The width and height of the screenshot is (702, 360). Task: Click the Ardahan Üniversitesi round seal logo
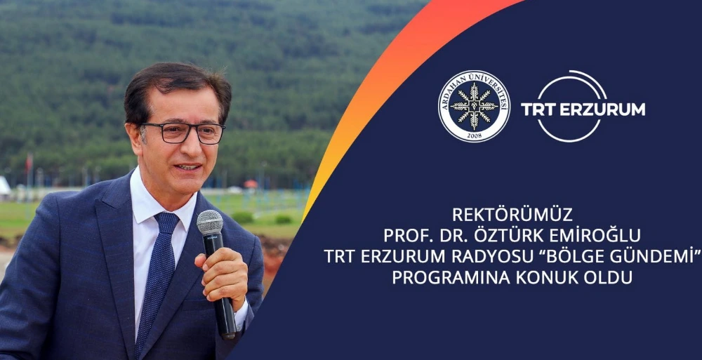(474, 106)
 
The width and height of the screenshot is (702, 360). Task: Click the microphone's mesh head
(209, 224)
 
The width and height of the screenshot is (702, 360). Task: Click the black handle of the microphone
(225, 316)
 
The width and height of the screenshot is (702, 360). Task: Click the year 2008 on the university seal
(474, 135)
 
